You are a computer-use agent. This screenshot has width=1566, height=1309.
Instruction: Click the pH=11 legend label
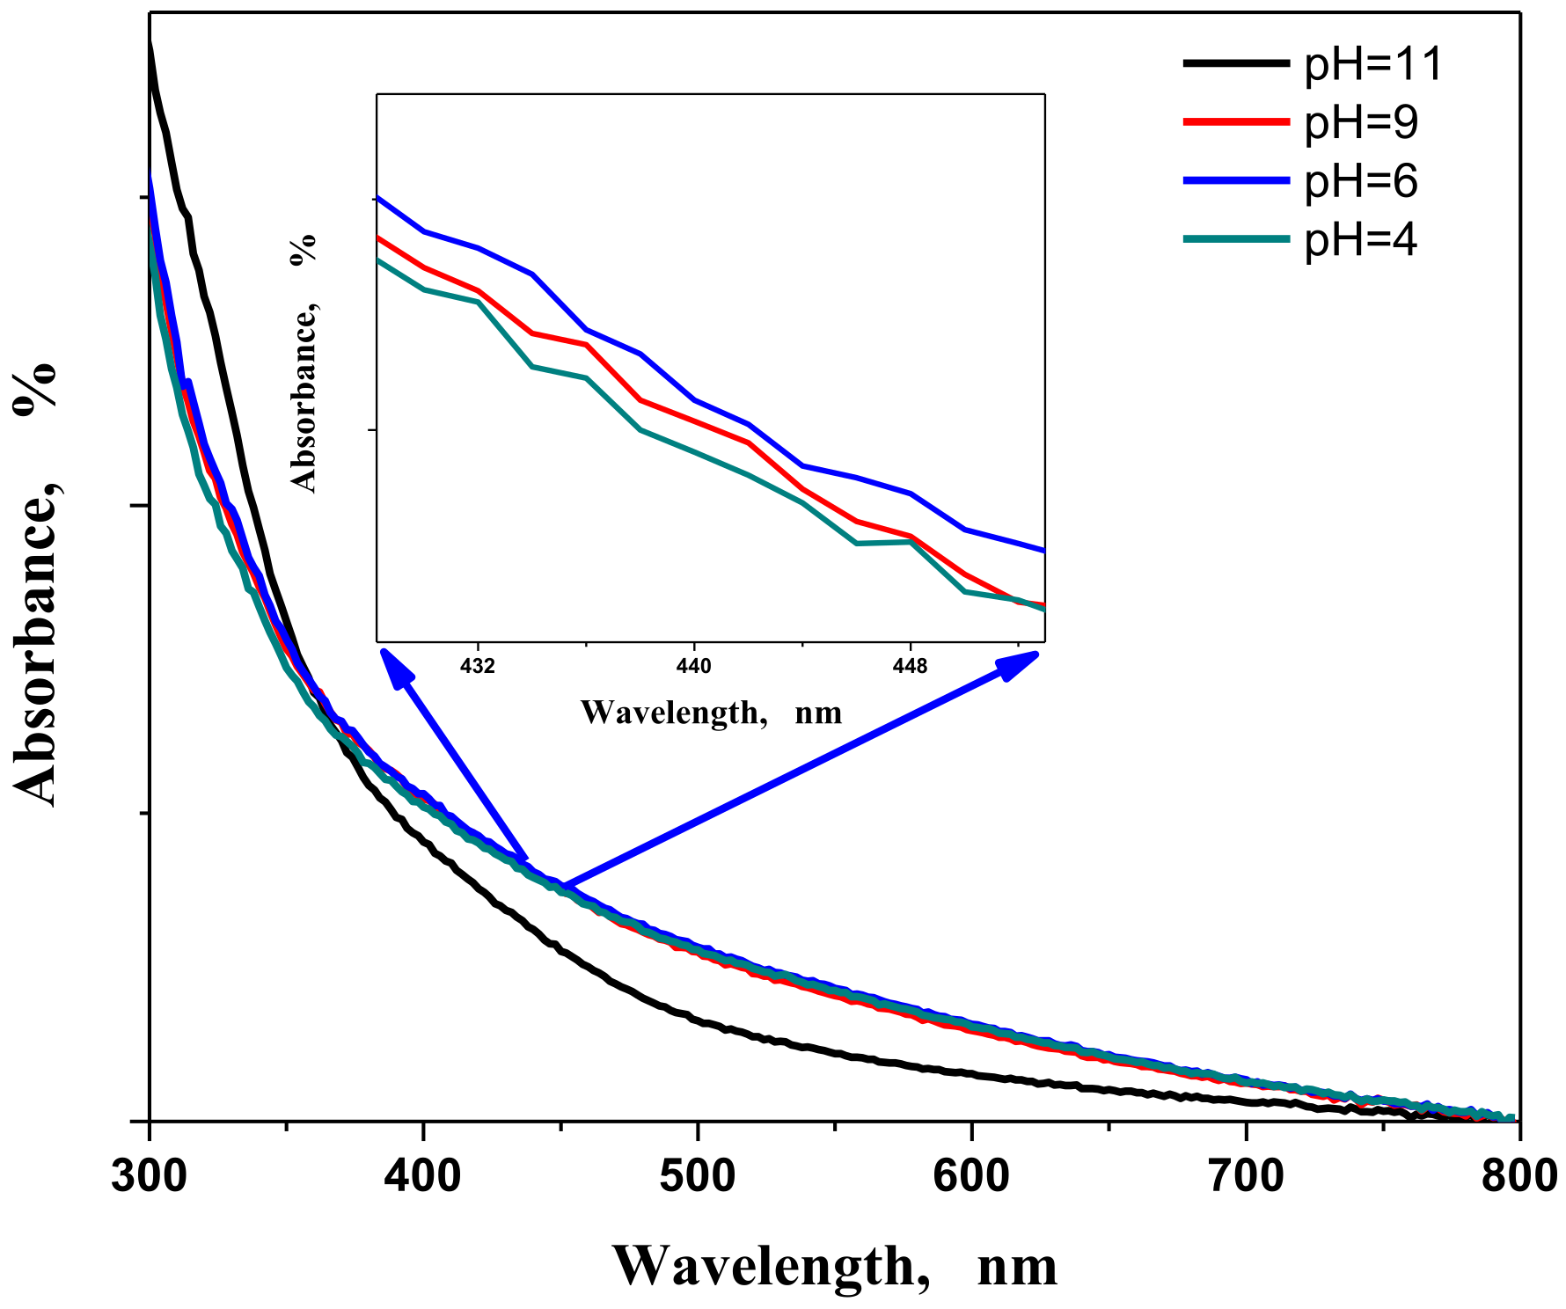click(x=1373, y=64)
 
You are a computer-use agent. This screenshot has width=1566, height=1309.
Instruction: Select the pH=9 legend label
click(x=1361, y=122)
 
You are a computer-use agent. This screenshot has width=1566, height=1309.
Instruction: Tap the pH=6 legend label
click(x=1361, y=181)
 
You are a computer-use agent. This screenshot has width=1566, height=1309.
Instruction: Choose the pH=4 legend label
click(x=1361, y=239)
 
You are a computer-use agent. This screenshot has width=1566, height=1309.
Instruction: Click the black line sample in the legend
click(x=1236, y=62)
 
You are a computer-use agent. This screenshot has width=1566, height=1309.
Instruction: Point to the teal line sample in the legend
click(x=1236, y=238)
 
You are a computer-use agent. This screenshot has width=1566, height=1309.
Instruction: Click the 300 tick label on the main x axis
click(x=150, y=1176)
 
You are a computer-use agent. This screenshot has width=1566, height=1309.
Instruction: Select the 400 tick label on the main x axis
click(x=423, y=1176)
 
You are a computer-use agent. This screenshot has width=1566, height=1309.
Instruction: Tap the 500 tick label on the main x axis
click(x=697, y=1176)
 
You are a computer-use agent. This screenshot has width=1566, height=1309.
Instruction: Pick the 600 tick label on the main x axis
click(x=971, y=1176)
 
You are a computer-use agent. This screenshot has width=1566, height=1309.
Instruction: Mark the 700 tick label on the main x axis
click(x=1245, y=1176)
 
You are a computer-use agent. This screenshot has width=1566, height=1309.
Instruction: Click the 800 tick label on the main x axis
click(x=1518, y=1176)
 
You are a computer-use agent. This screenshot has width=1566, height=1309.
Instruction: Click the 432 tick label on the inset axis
click(x=478, y=667)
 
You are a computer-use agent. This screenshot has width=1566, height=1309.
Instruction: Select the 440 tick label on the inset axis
click(x=694, y=667)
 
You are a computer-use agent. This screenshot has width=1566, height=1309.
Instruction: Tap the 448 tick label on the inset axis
click(x=910, y=667)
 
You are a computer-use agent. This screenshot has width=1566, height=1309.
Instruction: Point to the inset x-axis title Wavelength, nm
click(x=711, y=712)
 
